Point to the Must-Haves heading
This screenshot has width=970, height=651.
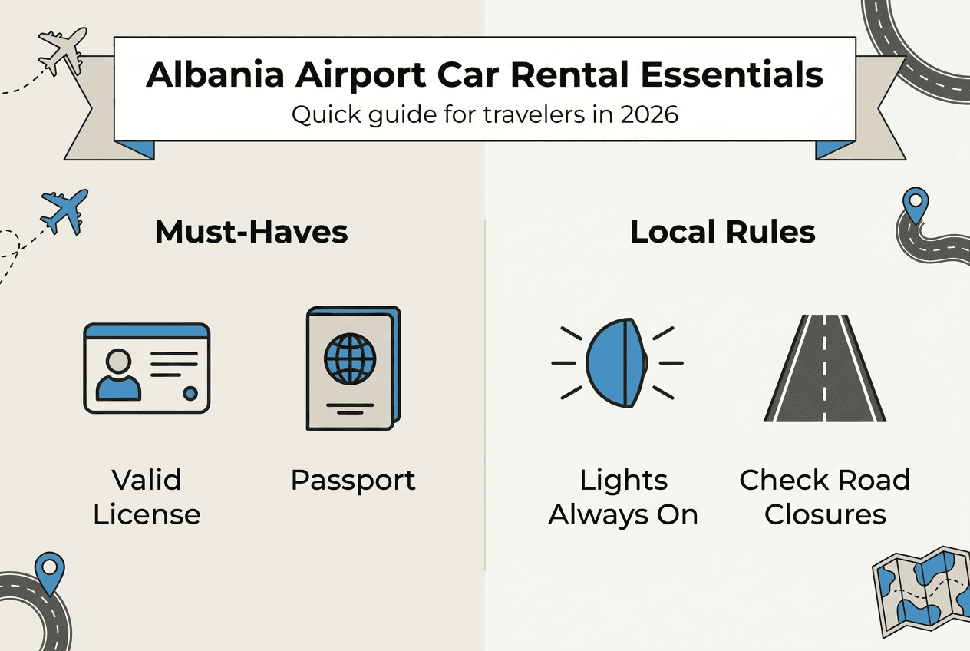(251, 232)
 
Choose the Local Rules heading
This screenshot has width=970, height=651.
(722, 232)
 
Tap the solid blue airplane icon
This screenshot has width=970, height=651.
(64, 211)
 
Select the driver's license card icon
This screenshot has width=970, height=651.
(146, 368)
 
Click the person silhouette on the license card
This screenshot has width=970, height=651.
(119, 373)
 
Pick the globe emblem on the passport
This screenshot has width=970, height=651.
(350, 358)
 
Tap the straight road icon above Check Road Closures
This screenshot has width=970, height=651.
(825, 368)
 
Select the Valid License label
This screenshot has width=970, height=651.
(147, 497)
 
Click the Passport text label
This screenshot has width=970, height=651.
(353, 481)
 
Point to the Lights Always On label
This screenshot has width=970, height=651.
(623, 497)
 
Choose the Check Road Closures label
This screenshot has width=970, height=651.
(825, 497)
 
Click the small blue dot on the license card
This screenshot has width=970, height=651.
(190, 394)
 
